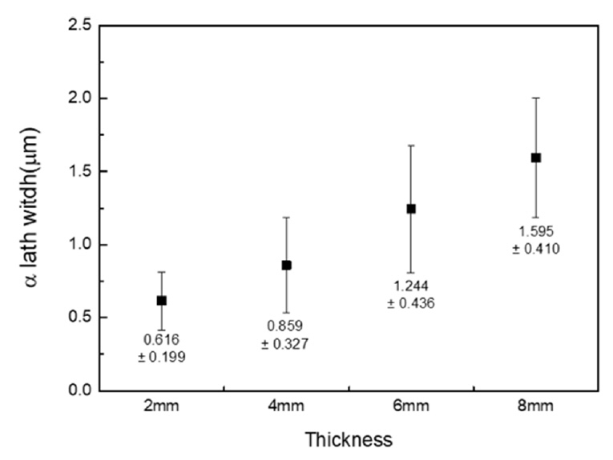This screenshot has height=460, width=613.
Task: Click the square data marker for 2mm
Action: click(161, 300)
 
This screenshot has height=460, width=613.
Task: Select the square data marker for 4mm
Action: click(286, 265)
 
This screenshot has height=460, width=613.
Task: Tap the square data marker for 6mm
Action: click(411, 209)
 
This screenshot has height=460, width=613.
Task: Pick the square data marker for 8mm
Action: click(536, 158)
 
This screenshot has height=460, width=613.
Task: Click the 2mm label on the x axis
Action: click(161, 407)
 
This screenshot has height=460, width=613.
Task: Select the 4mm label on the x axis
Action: click(286, 407)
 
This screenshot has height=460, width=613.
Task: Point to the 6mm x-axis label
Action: click(411, 407)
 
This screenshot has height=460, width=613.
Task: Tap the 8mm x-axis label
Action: click(536, 407)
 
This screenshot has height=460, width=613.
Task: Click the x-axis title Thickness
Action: click(349, 439)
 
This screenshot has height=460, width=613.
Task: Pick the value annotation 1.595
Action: click(536, 232)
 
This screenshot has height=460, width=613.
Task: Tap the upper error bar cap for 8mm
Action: click(536, 98)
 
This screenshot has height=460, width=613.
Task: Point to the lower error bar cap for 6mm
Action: click(411, 273)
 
